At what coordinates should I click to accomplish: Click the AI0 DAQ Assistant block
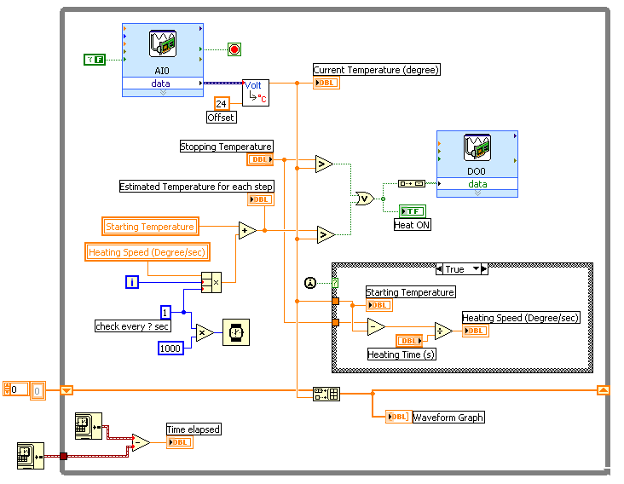click(162, 55)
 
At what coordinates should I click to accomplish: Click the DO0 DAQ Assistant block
click(477, 162)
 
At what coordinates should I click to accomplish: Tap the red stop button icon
click(234, 49)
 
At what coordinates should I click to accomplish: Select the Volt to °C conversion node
click(256, 92)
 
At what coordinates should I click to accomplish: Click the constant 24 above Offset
click(221, 103)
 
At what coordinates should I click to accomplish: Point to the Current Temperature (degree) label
click(376, 70)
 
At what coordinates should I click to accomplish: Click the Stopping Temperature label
click(226, 147)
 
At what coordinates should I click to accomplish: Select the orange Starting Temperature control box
click(150, 227)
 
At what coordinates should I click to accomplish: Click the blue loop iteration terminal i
click(131, 282)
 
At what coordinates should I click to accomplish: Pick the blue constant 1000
click(171, 348)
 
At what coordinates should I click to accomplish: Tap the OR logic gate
click(364, 199)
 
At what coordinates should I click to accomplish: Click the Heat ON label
click(413, 225)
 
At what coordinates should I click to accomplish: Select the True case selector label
click(454, 269)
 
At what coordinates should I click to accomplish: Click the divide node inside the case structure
click(444, 331)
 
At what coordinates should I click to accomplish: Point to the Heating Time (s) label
click(402, 354)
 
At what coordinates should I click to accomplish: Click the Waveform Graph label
click(448, 418)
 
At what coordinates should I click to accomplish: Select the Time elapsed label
click(194, 429)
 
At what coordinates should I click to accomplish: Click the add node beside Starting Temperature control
click(247, 230)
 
